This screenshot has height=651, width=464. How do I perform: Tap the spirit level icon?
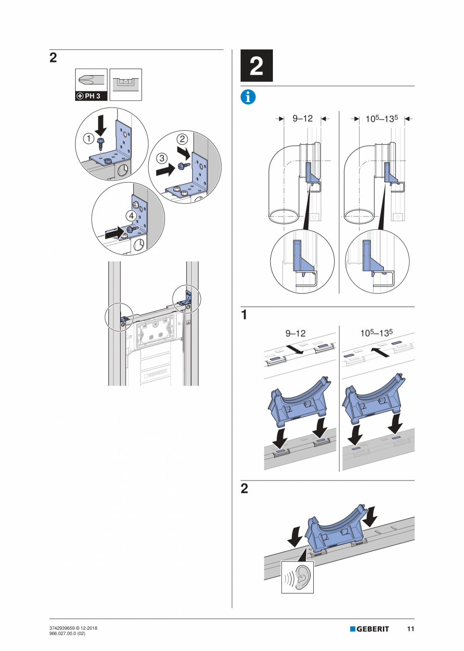[126, 84]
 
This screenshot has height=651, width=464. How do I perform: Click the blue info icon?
[248, 97]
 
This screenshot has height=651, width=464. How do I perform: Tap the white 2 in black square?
[257, 66]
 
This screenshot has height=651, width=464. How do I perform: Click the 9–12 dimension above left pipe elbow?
[303, 119]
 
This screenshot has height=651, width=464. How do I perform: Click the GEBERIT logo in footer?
[370, 629]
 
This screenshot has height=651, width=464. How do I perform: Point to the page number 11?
[411, 629]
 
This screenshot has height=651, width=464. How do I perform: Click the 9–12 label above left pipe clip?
[296, 334]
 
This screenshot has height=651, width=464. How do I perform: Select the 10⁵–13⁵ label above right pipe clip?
[376, 334]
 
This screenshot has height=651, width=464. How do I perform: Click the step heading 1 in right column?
[244, 315]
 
